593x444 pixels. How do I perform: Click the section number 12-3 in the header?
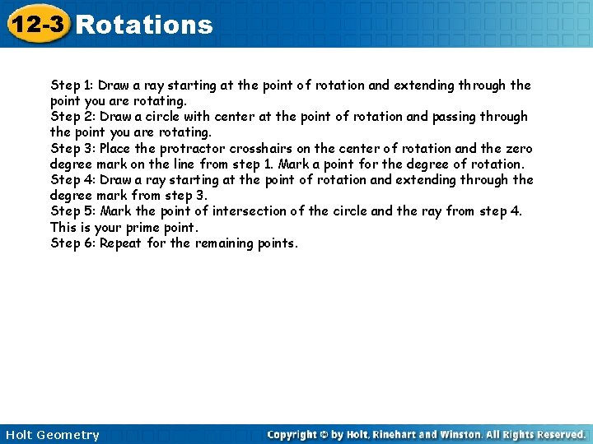(36, 25)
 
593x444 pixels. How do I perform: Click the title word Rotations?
(144, 25)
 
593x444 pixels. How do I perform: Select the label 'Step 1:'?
(72, 85)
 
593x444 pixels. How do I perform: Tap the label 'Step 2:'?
(72, 117)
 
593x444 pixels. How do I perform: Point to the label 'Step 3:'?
(72, 149)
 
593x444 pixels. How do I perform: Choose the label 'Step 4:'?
(72, 180)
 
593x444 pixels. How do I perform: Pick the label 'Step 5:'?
(72, 211)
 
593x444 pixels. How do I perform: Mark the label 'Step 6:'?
(72, 243)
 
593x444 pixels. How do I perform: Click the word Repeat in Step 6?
(120, 243)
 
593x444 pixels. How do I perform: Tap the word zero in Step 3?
(517, 149)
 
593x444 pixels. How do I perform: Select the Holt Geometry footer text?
(52, 435)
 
